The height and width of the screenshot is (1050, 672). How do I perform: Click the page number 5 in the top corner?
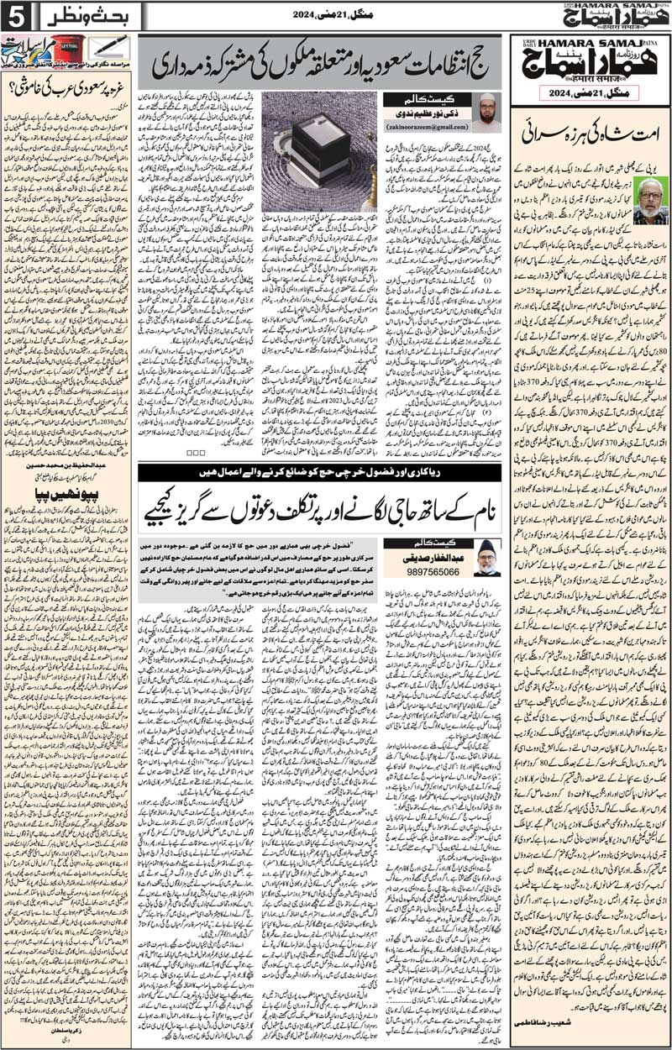point(15,15)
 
